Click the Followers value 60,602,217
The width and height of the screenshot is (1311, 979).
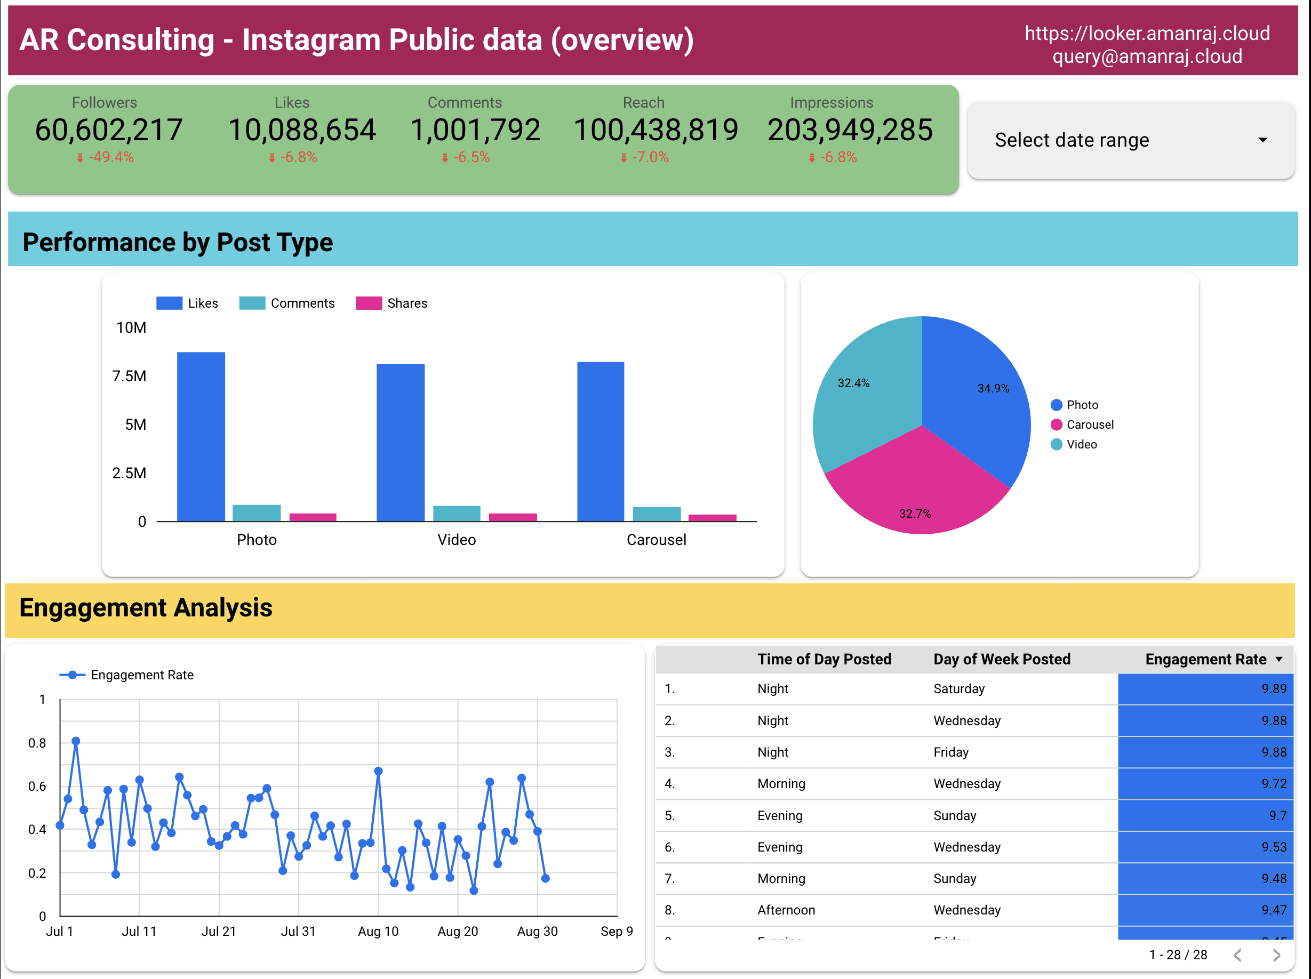108,130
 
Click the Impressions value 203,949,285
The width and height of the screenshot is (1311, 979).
850,130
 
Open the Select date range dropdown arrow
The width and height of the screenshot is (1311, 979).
1262,140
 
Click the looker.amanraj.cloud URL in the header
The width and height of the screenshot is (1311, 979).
1147,34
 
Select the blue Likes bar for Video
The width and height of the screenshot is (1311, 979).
401,442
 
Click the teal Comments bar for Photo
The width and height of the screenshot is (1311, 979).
257,513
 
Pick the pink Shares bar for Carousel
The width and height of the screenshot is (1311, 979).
713,518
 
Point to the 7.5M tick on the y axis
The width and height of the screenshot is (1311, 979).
129,376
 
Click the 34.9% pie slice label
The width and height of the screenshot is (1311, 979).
993,389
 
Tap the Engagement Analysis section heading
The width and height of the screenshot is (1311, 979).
146,608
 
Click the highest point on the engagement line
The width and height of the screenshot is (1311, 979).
76,741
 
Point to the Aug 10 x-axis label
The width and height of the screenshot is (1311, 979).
378,932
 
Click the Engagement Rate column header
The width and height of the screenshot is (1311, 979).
1205,660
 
